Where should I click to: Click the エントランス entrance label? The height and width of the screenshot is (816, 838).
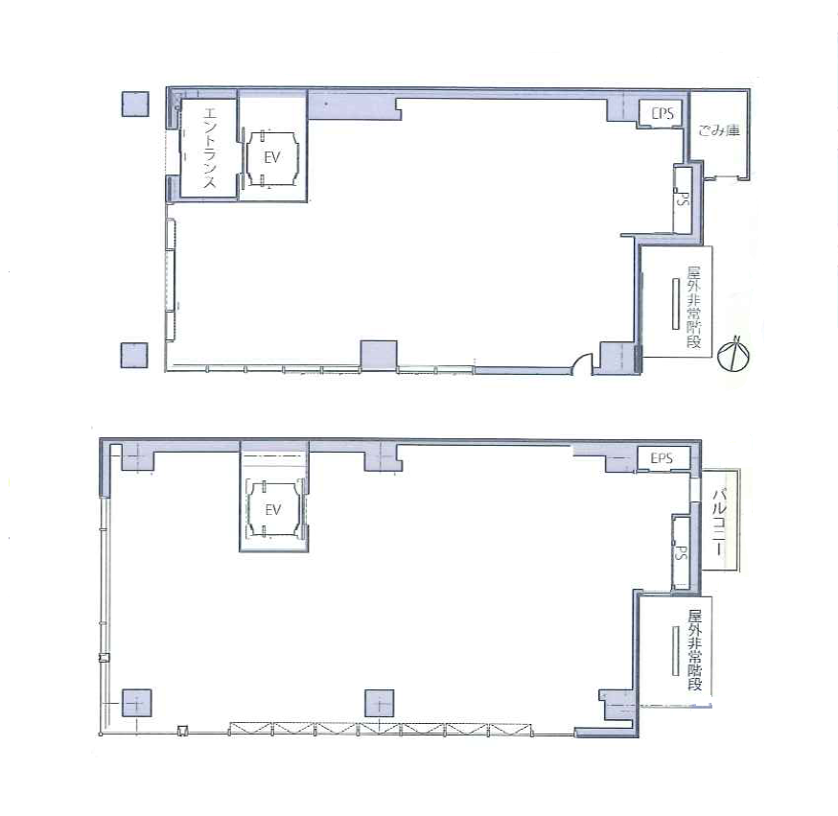point(209,148)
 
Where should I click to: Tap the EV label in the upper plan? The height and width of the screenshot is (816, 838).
point(272,157)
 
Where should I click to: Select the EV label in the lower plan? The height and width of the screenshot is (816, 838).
point(273,510)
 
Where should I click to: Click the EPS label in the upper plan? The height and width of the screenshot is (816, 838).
point(663,113)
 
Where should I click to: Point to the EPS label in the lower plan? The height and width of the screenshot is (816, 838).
point(662,458)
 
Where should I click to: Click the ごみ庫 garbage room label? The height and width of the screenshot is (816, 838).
point(719,129)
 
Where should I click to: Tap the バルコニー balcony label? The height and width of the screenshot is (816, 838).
point(720,521)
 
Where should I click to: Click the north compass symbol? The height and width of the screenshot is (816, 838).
point(733,353)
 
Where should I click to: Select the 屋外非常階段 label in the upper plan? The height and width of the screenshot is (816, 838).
point(694,307)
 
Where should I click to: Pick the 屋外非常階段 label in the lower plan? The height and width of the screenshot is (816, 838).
point(695,650)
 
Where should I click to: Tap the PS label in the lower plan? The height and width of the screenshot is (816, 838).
point(680,552)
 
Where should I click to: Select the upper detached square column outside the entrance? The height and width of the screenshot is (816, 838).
point(135,104)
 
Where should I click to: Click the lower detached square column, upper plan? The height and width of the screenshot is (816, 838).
point(133,355)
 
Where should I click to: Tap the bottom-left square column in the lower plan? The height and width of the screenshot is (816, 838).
point(137,703)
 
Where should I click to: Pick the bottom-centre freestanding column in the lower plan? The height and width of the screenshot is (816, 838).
point(380,703)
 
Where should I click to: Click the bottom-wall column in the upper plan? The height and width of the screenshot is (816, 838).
point(379,355)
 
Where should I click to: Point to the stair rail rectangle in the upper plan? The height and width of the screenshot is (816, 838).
point(677,304)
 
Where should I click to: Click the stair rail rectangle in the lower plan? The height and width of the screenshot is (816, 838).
point(676,650)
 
